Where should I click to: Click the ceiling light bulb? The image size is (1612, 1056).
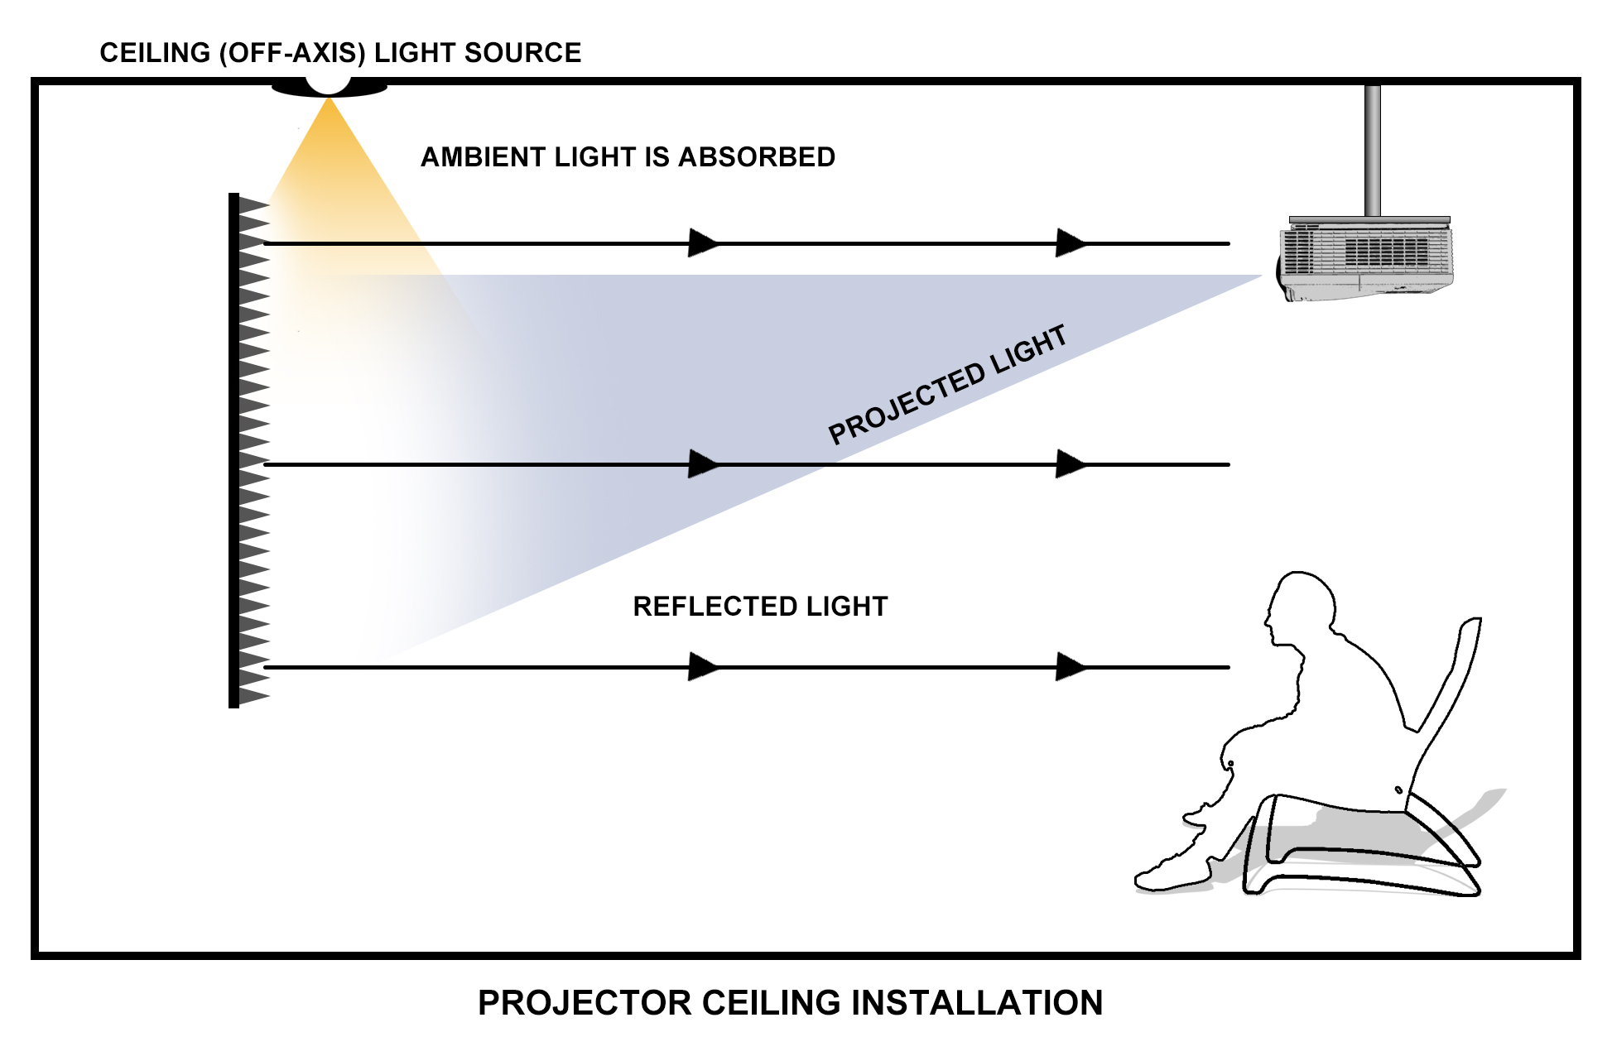329,84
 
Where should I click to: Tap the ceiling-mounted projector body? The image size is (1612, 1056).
1367,259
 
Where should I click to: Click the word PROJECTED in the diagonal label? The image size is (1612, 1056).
907,404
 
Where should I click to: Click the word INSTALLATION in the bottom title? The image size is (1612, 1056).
977,1003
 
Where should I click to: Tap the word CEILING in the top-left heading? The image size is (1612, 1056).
155,53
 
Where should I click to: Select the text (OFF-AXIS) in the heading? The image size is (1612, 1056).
292,53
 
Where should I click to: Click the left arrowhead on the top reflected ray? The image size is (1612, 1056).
705,243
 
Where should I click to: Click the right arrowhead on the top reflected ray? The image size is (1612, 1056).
1072,243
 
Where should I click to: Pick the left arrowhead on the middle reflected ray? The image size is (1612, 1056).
705,464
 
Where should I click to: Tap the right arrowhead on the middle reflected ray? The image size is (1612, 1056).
1072,464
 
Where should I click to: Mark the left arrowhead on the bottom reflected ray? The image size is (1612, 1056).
705,666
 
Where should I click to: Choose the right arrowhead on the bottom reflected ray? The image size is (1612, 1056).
1072,666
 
